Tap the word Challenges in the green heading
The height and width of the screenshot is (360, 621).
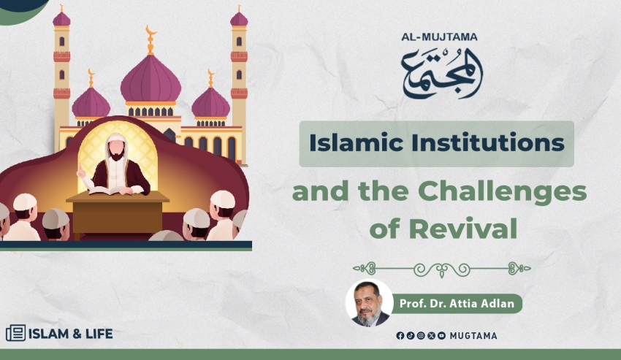point(502,191)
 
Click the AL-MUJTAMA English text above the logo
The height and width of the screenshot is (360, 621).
point(439,37)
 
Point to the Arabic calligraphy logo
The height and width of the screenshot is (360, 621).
point(441,73)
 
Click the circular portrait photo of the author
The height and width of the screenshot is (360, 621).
point(369,303)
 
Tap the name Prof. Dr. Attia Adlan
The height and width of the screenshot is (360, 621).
point(457,304)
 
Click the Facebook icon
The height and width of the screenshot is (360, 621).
point(400,336)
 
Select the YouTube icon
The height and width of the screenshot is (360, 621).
point(441,336)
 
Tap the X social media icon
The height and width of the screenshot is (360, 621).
point(431,336)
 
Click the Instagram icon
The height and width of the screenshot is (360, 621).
point(421,336)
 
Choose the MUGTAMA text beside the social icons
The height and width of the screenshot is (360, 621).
point(473,336)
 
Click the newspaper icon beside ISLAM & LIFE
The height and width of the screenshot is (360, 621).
point(16,333)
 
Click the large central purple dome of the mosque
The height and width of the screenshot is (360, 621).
point(151,79)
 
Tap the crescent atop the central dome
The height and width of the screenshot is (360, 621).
point(151,31)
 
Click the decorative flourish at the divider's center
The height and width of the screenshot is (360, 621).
point(442,269)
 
